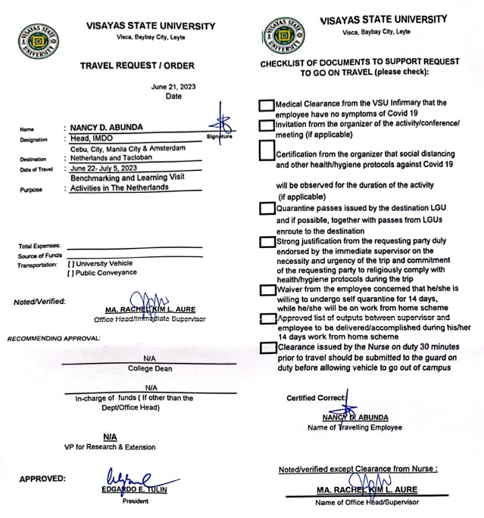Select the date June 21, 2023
click(173, 86)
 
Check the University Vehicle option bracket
click(70, 263)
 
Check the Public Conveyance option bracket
click(70, 272)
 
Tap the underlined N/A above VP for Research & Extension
click(110, 436)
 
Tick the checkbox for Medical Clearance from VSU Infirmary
click(266, 104)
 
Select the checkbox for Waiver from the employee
click(266, 290)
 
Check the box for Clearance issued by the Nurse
click(266, 348)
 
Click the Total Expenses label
click(39, 247)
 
